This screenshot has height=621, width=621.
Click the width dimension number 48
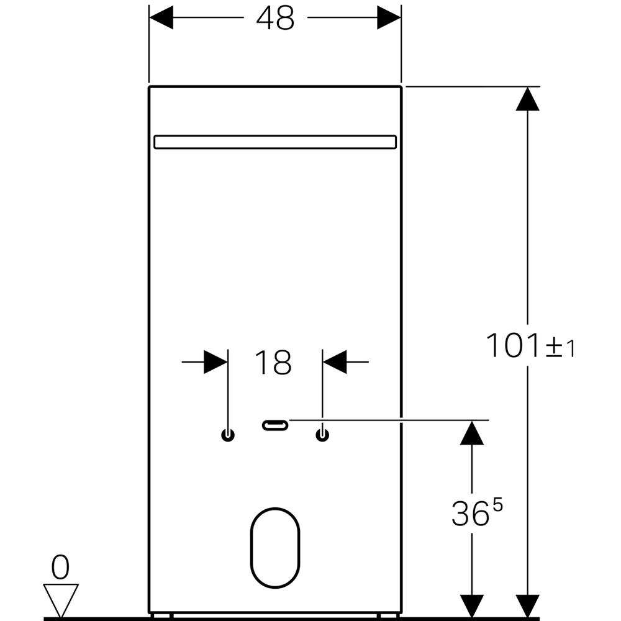click(275, 18)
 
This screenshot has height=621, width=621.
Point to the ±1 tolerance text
click(560, 347)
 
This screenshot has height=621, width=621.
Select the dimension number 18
click(273, 362)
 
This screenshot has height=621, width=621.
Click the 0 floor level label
click(60, 566)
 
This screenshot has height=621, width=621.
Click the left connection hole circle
click(228, 435)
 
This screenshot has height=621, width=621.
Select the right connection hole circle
click(322, 435)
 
